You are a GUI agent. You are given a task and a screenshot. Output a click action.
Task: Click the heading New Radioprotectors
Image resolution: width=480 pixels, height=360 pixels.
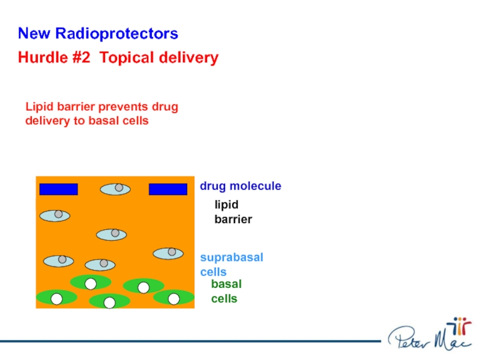pyautogui.click(x=98, y=34)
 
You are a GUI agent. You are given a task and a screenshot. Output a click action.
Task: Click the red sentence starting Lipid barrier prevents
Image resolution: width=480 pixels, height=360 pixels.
pyautogui.click(x=102, y=114)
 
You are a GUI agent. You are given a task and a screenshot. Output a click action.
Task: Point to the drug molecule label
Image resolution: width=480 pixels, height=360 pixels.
pyautogui.click(x=241, y=187)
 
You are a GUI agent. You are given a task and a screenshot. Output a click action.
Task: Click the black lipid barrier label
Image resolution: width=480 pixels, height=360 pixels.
pyautogui.click(x=233, y=212)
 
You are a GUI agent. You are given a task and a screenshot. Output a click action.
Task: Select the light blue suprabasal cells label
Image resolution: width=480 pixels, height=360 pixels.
pyautogui.click(x=232, y=265)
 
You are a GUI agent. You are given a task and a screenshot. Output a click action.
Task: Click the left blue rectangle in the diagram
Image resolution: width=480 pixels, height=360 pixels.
pyautogui.click(x=59, y=190)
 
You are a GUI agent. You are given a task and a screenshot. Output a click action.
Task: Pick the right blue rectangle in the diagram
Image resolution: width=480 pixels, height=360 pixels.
pyautogui.click(x=168, y=190)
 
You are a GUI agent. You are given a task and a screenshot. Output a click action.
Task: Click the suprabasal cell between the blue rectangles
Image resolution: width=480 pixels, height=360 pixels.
pyautogui.click(x=115, y=189)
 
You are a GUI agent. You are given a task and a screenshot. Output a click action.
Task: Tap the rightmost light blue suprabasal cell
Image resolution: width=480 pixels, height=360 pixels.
pyautogui.click(x=168, y=253)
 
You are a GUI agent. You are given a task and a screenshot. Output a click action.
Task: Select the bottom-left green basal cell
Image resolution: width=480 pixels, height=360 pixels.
pyautogui.click(x=56, y=297)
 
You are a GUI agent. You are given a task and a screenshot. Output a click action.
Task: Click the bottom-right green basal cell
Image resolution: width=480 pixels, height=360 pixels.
pyautogui.click(x=173, y=297)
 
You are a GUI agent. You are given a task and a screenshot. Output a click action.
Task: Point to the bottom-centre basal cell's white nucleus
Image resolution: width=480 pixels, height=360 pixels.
pyautogui.click(x=109, y=302)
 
